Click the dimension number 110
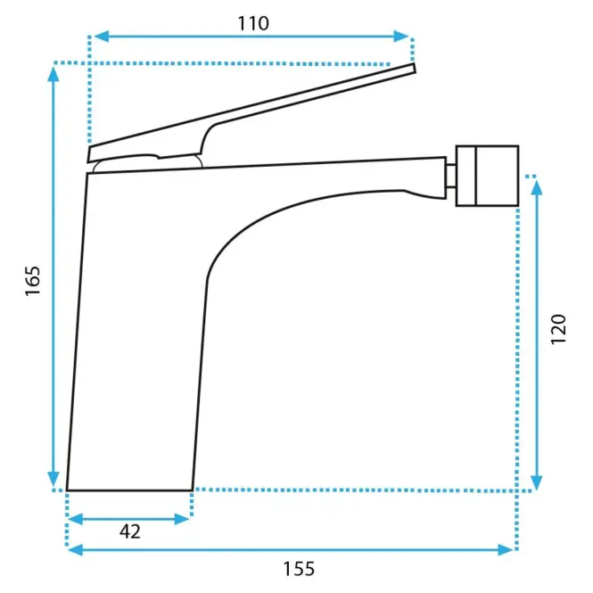pos(253,23)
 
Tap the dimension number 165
pos(32,281)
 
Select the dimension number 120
pos(558,329)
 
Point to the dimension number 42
pos(130,531)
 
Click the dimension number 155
pos(299,569)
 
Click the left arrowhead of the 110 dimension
pos(102,37)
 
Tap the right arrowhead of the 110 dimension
pos(401,37)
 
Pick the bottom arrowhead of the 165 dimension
pos(54,479)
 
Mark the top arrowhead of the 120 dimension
pos(537,187)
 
